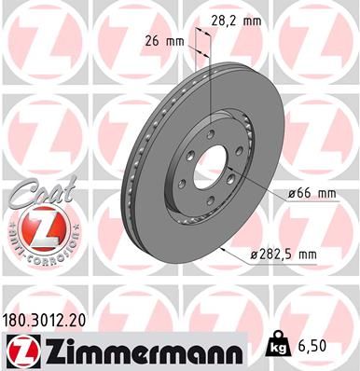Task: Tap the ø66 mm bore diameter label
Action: pos(307,194)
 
